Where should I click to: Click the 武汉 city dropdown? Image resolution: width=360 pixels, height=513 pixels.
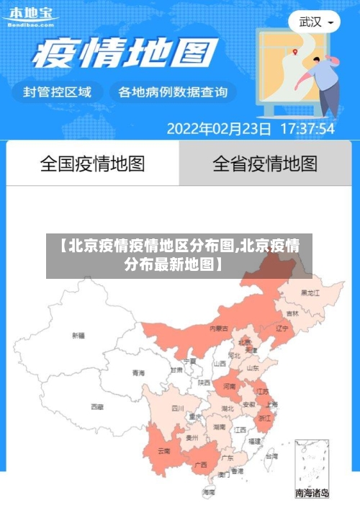(315, 22)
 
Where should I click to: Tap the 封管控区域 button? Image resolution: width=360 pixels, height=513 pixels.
(58, 92)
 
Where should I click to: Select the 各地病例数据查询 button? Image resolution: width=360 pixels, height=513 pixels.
(173, 92)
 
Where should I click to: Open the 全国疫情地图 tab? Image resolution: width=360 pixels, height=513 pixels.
(92, 164)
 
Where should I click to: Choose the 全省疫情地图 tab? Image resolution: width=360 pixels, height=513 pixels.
(265, 164)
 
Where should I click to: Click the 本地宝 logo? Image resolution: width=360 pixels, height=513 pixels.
(30, 17)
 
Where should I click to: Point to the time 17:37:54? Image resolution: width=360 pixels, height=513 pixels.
(307, 129)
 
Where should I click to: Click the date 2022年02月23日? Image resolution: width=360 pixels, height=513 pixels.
(219, 129)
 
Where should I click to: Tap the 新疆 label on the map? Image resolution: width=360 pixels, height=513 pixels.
(78, 335)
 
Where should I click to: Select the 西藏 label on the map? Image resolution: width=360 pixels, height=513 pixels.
(97, 407)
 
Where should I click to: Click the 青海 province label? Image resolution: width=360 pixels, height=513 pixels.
(138, 373)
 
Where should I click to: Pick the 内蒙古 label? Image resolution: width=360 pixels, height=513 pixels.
(219, 328)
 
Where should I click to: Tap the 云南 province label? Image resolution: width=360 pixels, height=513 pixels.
(163, 451)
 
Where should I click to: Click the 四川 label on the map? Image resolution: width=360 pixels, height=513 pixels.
(178, 408)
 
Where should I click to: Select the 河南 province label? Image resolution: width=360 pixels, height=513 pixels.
(229, 386)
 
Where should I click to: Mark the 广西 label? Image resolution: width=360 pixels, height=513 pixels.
(202, 465)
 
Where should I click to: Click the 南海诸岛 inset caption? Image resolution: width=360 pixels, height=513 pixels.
(312, 494)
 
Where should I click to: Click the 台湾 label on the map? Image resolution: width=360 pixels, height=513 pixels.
(271, 456)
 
